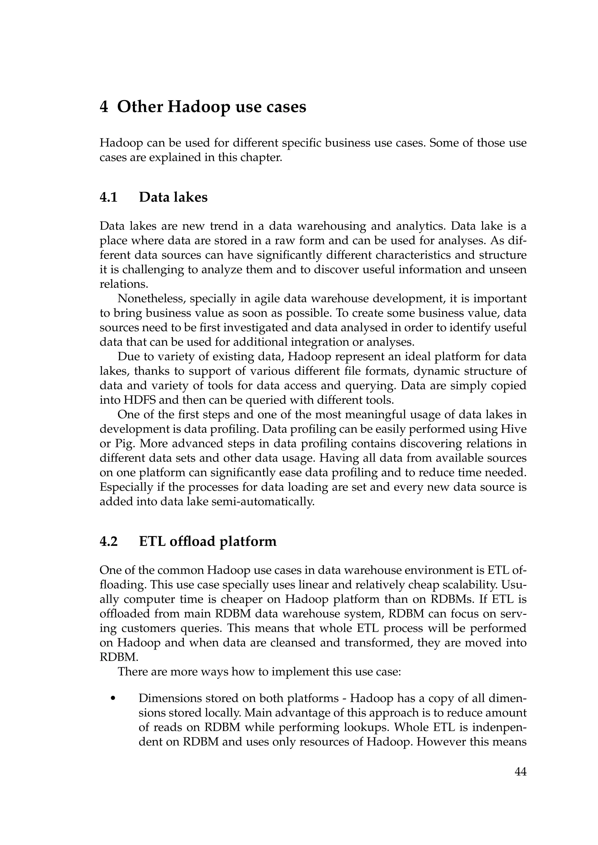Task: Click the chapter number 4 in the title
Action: pos(104,107)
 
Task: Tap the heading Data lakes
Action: pos(173,198)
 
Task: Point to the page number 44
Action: pos(520,772)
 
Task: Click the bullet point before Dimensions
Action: pos(113,699)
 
